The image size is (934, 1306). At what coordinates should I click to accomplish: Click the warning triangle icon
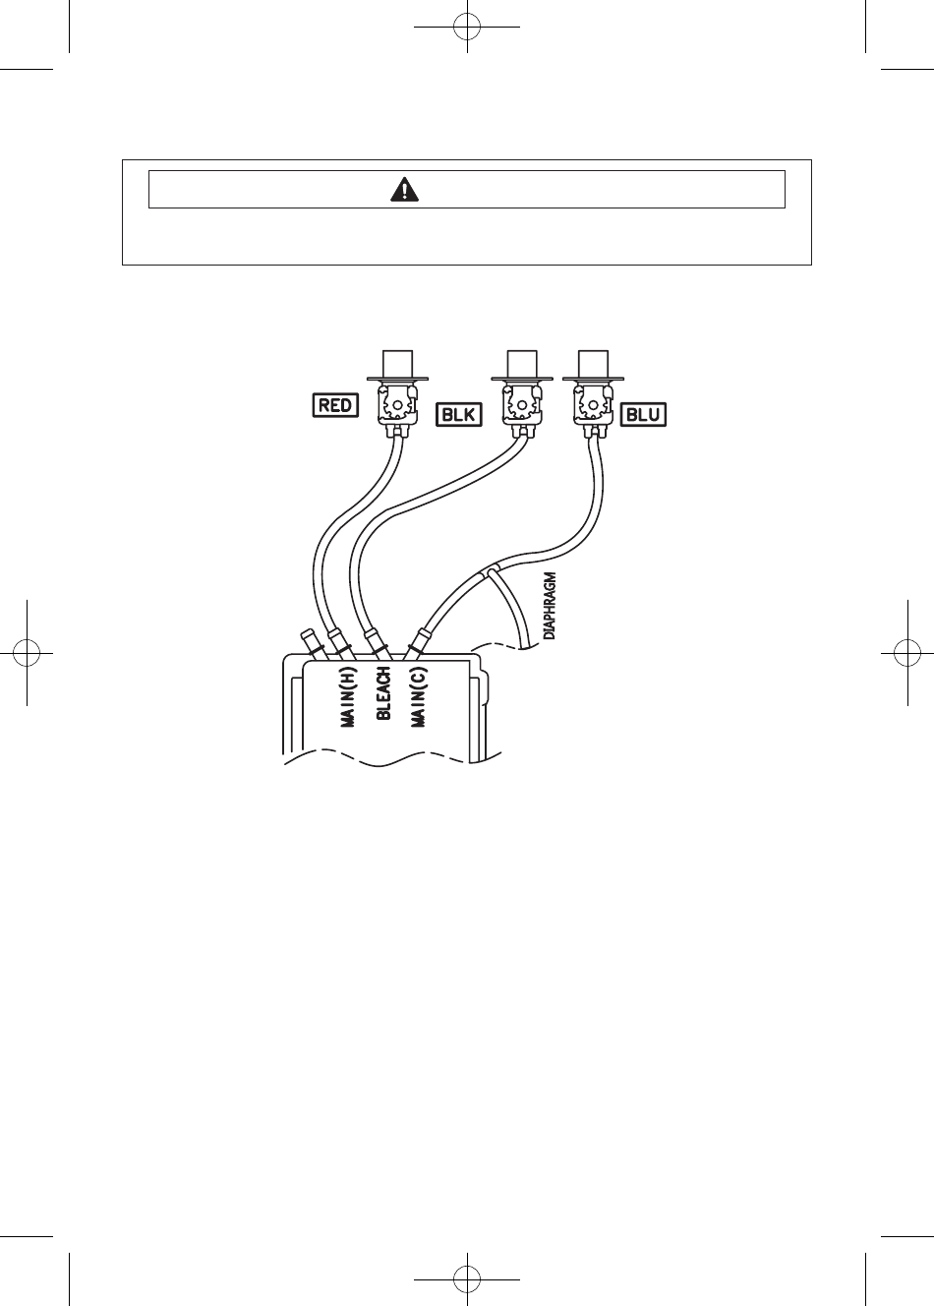click(x=404, y=190)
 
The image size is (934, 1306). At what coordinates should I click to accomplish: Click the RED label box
click(x=336, y=405)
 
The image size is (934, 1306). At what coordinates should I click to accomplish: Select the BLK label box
click(x=459, y=415)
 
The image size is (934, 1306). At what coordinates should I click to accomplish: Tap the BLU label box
click(x=643, y=415)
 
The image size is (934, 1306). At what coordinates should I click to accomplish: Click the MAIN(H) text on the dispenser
click(x=347, y=696)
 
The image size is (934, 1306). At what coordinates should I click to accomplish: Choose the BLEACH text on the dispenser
click(x=383, y=693)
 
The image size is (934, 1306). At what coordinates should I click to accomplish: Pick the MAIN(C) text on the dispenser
click(x=419, y=696)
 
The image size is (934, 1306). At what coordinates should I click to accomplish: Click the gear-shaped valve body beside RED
click(x=397, y=404)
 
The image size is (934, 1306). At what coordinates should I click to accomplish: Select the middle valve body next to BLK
click(x=522, y=404)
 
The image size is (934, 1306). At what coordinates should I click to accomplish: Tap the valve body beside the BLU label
click(x=593, y=404)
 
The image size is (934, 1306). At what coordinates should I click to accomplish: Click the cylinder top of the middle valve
click(x=522, y=364)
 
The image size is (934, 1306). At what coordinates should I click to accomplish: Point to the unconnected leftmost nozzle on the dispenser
click(x=310, y=644)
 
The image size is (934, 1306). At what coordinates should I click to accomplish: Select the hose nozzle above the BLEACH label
click(x=377, y=645)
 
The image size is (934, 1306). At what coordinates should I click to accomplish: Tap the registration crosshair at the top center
click(x=467, y=27)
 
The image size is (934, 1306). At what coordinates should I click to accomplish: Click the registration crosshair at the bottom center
click(x=467, y=1279)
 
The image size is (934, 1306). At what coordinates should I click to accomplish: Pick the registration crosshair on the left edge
click(x=27, y=653)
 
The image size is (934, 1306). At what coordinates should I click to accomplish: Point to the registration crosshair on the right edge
click(x=907, y=653)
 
